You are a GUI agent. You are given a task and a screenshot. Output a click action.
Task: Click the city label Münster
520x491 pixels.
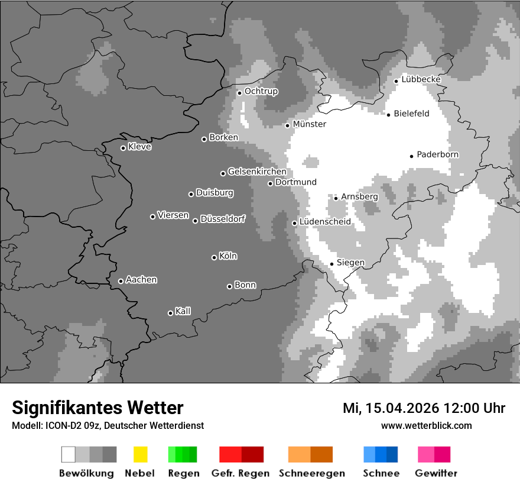point(309,124)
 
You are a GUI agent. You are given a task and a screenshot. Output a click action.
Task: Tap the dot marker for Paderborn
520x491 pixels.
point(411,156)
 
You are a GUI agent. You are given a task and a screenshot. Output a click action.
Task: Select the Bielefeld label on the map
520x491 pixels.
point(411,114)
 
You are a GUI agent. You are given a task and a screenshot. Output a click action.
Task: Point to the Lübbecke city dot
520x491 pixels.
point(396,81)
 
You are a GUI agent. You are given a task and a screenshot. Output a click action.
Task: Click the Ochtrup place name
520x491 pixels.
point(261,92)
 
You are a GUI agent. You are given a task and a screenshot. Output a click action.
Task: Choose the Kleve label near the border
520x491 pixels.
point(139,147)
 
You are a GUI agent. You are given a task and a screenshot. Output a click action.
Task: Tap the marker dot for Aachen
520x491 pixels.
point(121,281)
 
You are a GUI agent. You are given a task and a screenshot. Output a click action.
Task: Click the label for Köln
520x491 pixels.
point(227,256)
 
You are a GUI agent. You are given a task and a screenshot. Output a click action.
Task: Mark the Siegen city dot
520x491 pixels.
point(331,264)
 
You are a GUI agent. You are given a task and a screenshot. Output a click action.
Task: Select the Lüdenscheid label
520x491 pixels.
point(325,222)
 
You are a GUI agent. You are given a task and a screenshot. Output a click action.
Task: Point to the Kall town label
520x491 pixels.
point(183,311)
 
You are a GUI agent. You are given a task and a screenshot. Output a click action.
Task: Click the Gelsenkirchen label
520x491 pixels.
point(257,172)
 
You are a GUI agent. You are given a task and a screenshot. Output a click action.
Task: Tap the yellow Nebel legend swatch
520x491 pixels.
point(140,454)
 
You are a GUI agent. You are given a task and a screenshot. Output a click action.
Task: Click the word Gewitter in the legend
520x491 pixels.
point(436,473)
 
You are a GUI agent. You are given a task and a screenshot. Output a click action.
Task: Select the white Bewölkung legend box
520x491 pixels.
point(69,454)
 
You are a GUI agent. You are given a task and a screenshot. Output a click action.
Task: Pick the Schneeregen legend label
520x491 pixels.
point(311,473)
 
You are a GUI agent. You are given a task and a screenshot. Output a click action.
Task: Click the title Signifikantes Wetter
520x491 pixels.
point(97,408)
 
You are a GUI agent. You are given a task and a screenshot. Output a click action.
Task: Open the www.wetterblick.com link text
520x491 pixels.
point(426,425)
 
